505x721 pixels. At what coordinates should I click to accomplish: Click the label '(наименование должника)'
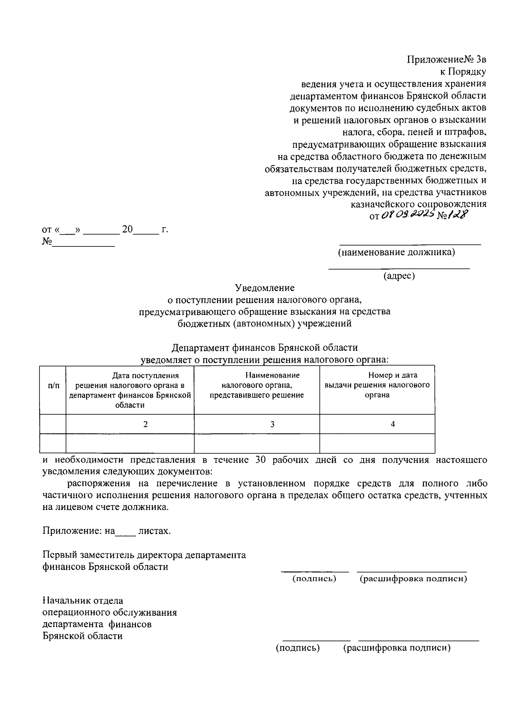click(x=396, y=253)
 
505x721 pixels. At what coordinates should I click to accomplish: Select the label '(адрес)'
click(x=399, y=276)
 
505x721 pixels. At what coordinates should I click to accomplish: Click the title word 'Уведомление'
click(x=265, y=288)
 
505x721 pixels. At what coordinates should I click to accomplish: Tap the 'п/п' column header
click(x=54, y=385)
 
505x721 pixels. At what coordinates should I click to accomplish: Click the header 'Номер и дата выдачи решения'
click(x=377, y=385)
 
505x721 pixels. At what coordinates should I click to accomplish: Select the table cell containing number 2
click(x=145, y=424)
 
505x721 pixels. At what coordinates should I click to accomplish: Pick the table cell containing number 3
click(x=272, y=424)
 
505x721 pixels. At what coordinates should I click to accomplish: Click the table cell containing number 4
click(x=393, y=424)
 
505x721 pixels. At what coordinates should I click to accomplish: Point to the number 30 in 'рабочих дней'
click(x=262, y=460)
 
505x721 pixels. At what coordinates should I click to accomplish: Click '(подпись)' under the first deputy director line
click(x=314, y=579)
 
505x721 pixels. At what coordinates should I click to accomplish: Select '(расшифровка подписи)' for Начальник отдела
click(x=397, y=648)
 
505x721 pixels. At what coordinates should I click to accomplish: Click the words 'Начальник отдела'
click(x=83, y=601)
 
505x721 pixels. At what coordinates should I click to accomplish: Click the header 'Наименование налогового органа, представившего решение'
click(x=257, y=385)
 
